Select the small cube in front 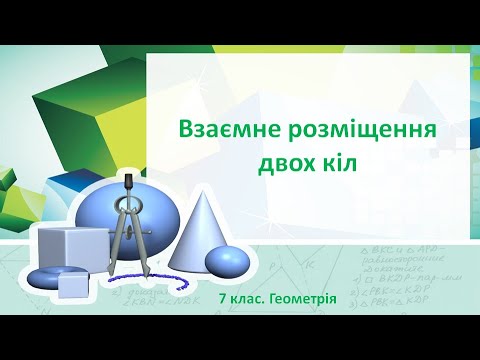[x=74, y=285]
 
